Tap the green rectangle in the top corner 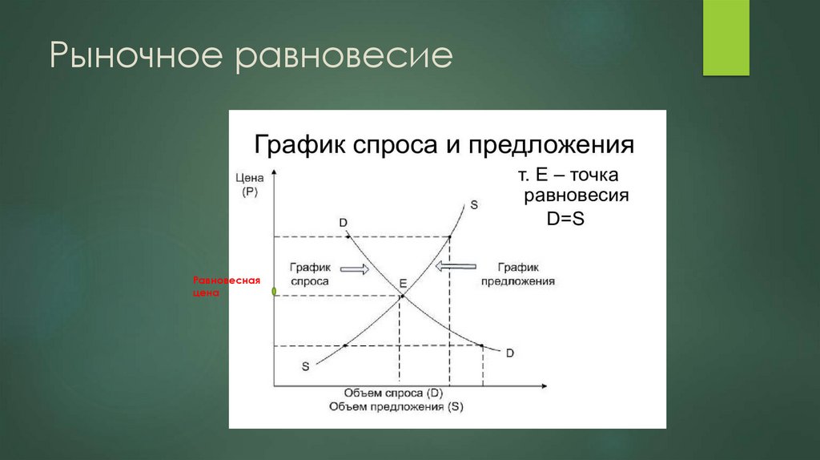(x=726, y=38)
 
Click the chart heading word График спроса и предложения (x=444, y=146)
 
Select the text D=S (x=567, y=219)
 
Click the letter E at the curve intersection (x=403, y=284)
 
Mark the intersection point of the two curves (x=400, y=297)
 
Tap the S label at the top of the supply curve (x=474, y=204)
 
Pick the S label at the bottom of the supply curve (x=305, y=366)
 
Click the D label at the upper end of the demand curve (x=343, y=221)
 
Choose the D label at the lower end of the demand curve (x=509, y=353)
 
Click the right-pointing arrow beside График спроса (x=353, y=269)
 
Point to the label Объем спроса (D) (x=393, y=393)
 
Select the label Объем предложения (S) (x=396, y=407)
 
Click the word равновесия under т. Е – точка (x=576, y=196)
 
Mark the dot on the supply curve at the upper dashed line (x=450, y=236)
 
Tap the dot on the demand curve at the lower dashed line (x=482, y=345)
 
